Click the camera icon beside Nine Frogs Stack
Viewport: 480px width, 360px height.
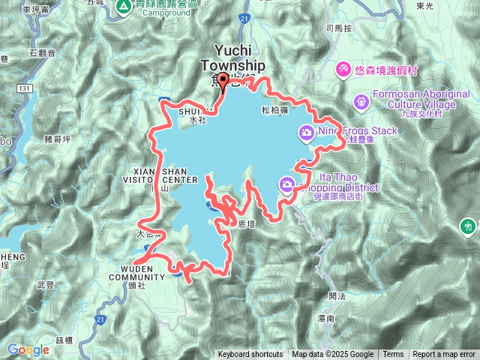tap(306, 133)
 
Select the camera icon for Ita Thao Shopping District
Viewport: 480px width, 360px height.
tap(287, 184)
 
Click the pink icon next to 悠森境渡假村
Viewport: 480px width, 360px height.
tap(343, 68)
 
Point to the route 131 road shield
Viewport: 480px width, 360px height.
tap(26, 88)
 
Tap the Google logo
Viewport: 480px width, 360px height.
tap(28, 349)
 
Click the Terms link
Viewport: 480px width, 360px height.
tap(393, 355)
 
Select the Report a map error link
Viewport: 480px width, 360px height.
tap(444, 355)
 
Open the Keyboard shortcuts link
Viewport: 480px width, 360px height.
tap(250, 355)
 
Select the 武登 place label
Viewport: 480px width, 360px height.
tap(45, 284)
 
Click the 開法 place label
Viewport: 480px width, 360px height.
tap(337, 295)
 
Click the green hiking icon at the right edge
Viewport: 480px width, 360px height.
tap(469, 225)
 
